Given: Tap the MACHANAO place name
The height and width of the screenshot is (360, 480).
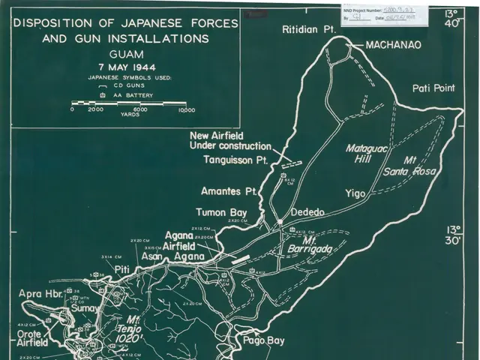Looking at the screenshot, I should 394,45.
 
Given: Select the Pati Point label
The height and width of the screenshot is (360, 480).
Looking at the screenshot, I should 433,88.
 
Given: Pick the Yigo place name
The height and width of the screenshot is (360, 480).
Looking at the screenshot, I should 355,193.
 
